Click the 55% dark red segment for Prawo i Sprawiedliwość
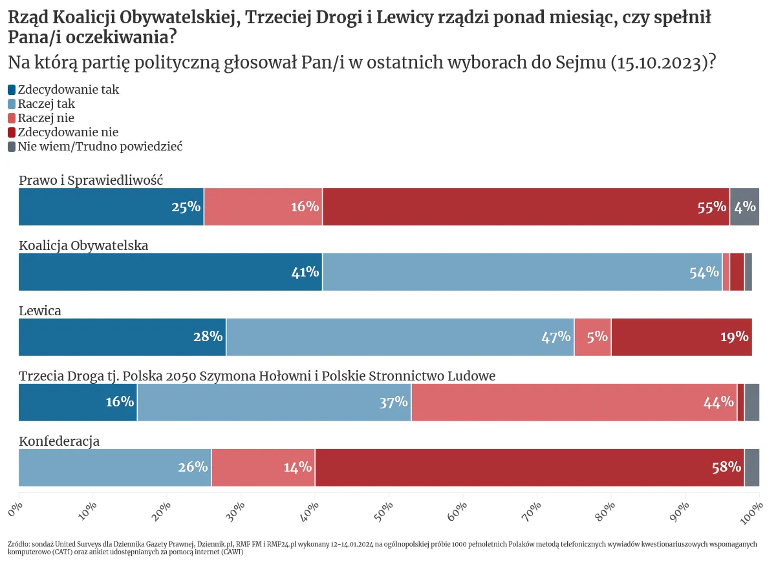[x=526, y=207]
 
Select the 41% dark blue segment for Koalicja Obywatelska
[x=170, y=272]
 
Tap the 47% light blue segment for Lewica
[x=400, y=337]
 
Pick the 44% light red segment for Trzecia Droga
[x=574, y=402]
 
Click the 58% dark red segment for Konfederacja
[x=529, y=468]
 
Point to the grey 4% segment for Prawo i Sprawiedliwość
[x=744, y=207]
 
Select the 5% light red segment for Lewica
[x=592, y=337]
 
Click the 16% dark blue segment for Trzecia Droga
[x=78, y=402]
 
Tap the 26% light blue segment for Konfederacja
[x=114, y=468]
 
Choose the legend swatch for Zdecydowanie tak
[x=12, y=90]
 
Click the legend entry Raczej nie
[x=46, y=118]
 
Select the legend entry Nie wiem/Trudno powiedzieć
[x=100, y=147]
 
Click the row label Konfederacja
[x=59, y=442]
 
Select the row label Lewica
[x=40, y=311]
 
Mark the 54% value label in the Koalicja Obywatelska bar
[x=704, y=273]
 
